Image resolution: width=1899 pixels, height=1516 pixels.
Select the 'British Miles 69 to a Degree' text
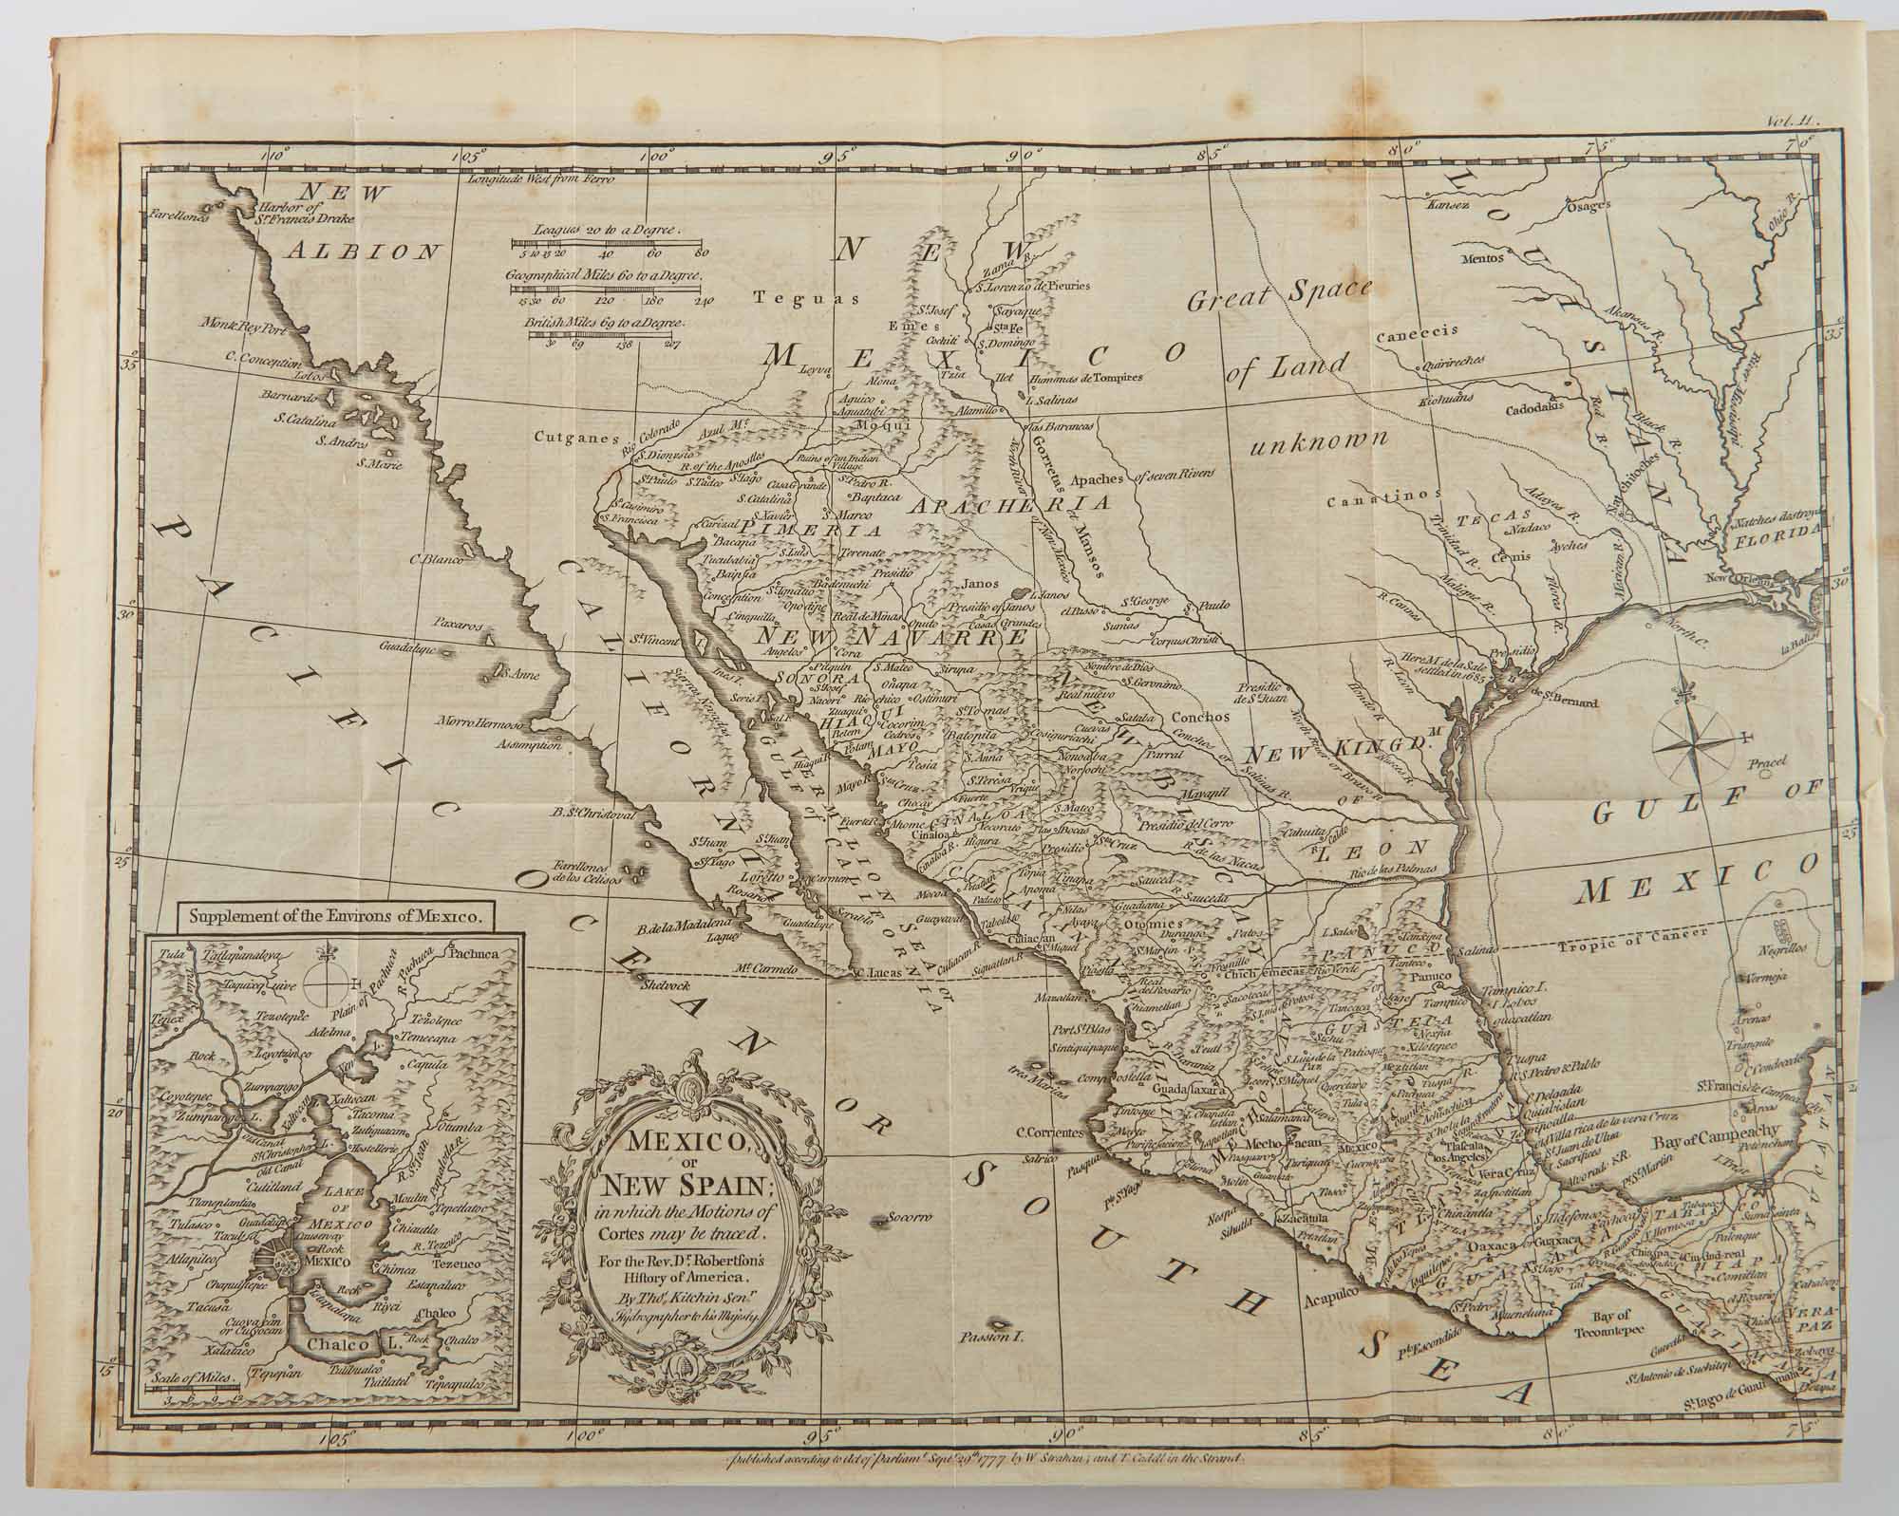click(x=607, y=323)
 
